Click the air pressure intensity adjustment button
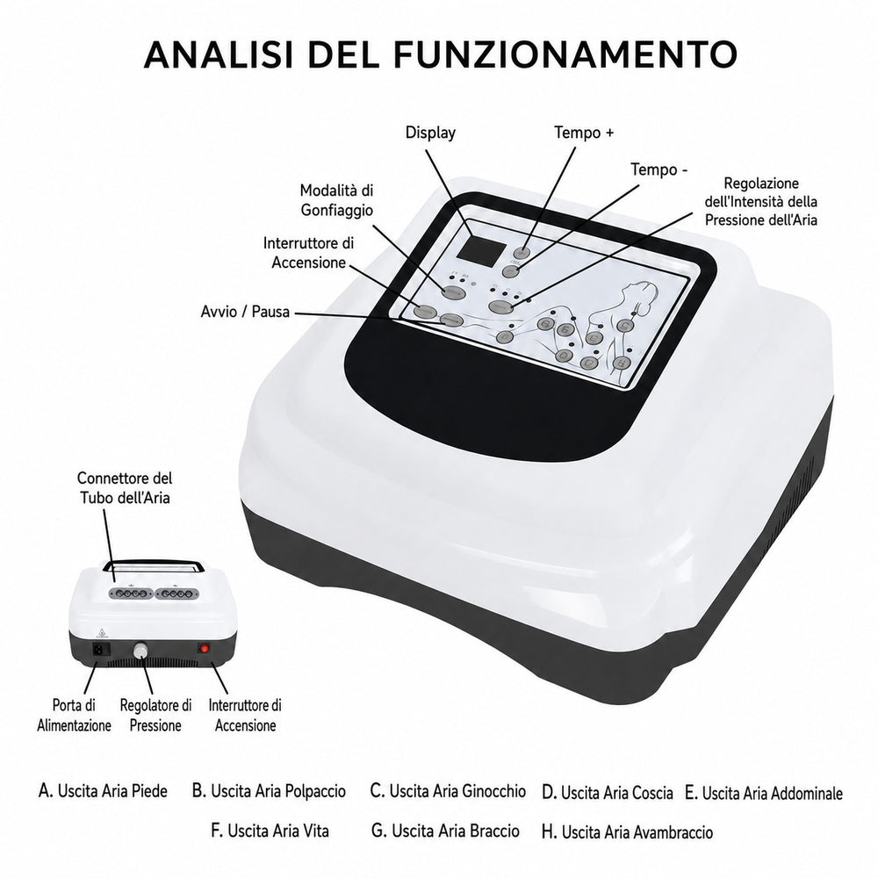tap(501, 306)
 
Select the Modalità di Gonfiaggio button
tap(454, 291)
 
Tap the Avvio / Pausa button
tap(451, 320)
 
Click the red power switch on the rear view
tap(205, 649)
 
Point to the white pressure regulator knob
tap(140, 651)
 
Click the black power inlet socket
tap(101, 650)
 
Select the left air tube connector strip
tap(131, 593)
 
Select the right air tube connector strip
tap(177, 593)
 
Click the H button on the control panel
tap(620, 363)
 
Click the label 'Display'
tap(430, 133)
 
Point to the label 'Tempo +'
tap(584, 133)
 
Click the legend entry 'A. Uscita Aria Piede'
tap(103, 791)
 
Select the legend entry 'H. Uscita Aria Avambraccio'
tap(627, 832)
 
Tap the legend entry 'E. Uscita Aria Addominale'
tap(764, 793)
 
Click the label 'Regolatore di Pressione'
tap(155, 715)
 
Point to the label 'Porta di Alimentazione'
tap(74, 715)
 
